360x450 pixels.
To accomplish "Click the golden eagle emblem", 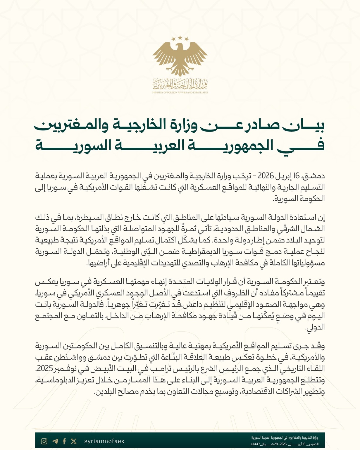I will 180,58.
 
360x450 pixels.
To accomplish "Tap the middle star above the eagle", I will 180,37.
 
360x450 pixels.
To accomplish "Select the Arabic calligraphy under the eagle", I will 180,85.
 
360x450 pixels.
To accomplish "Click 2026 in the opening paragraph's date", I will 265,176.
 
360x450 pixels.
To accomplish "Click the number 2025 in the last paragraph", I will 44,369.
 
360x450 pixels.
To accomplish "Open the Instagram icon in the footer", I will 44,441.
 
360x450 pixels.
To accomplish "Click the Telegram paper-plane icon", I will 55,441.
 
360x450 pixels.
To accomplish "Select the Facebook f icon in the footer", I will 64,441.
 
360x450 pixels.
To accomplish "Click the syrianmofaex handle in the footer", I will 104,441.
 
